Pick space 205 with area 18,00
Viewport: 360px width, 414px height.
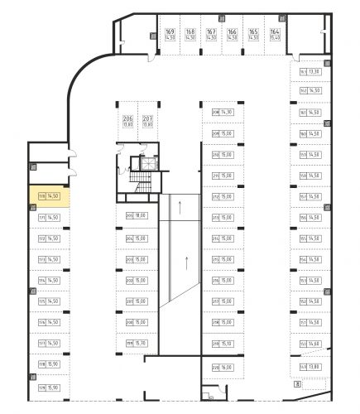pyautogui.click(x=137, y=215)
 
